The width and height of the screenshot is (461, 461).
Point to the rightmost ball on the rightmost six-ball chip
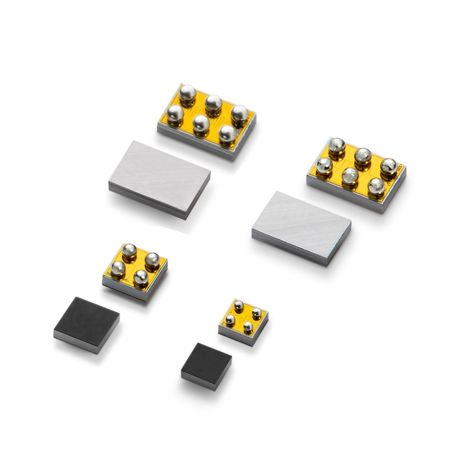[389, 166]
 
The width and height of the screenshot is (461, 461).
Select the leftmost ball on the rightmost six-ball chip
[324, 165]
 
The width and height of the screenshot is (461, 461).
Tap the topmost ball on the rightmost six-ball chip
[337, 145]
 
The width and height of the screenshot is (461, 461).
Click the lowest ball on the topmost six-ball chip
[227, 134]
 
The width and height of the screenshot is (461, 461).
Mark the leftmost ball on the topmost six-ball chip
[175, 113]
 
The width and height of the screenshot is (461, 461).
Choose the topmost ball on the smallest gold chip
[239, 307]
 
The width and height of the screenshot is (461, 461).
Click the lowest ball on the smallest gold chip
[248, 327]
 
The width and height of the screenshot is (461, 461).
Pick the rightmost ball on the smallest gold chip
[256, 313]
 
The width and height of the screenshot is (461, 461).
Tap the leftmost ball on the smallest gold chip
[230, 320]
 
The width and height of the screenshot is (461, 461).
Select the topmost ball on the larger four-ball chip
[130, 250]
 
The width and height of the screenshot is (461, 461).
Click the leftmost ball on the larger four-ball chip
[118, 269]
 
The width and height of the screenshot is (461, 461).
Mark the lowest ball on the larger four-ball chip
[141, 278]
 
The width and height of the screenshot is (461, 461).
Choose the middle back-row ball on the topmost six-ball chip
[213, 103]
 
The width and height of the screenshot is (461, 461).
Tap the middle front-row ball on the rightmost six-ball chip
[350, 175]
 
